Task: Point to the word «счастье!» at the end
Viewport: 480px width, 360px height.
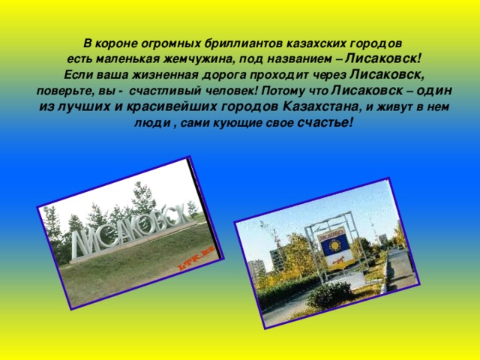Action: coord(324,122)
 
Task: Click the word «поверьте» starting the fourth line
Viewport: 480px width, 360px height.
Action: coord(63,91)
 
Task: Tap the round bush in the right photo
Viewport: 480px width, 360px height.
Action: coord(330,295)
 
